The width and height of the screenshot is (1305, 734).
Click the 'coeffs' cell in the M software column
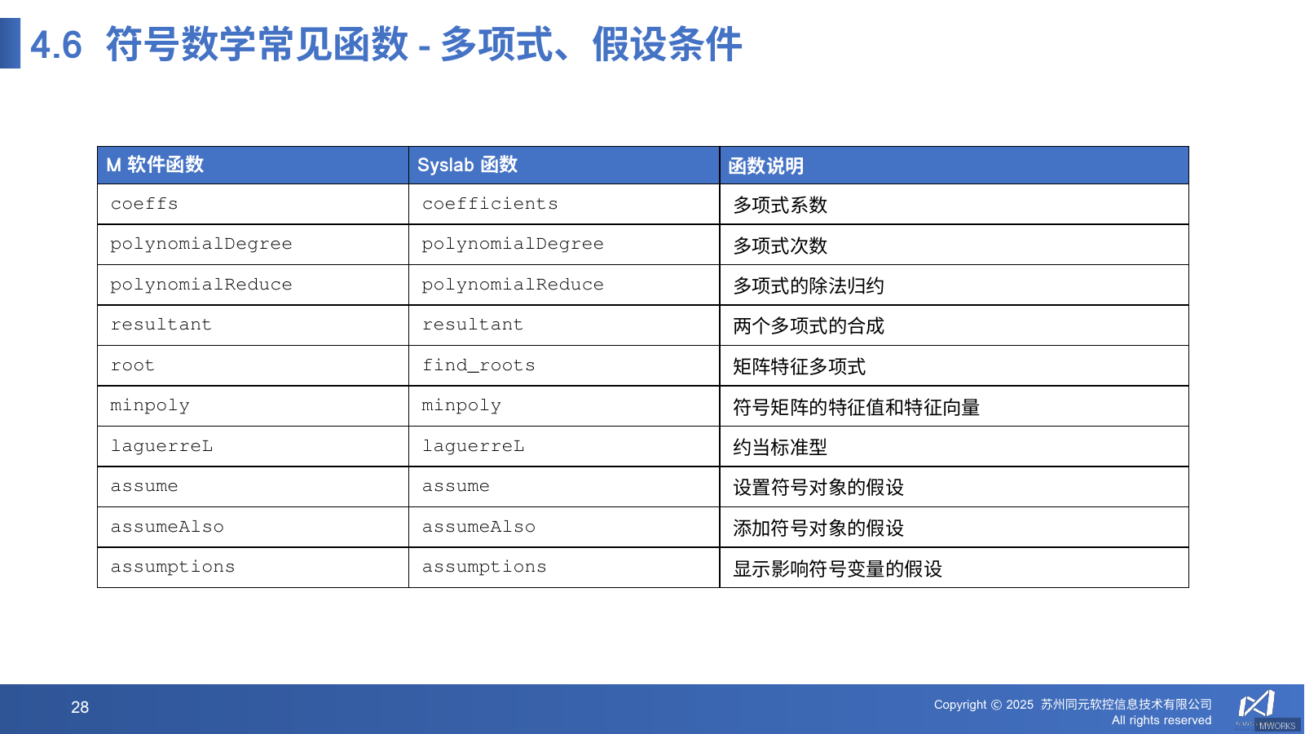coord(144,204)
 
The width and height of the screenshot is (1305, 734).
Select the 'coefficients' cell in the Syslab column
coord(490,204)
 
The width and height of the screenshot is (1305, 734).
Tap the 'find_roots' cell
coord(478,365)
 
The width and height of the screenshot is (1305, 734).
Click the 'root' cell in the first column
coord(132,365)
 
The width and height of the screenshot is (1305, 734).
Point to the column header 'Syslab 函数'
coord(467,165)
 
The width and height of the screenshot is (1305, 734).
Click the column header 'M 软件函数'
coord(155,165)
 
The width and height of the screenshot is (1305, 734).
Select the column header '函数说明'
coord(765,166)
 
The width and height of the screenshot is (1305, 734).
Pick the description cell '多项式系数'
coord(780,205)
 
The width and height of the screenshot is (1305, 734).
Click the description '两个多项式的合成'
coord(808,326)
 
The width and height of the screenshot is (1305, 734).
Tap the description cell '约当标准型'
coord(780,447)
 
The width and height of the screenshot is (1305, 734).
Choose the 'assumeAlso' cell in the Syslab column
coord(478,527)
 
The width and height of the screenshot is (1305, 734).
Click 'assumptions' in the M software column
coord(173,567)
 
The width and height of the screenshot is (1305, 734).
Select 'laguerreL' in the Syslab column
coord(473,446)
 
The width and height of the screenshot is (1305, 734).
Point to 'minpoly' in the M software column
coord(150,405)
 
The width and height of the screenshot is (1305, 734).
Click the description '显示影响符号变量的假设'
coord(837,568)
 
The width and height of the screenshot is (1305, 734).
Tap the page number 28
coord(80,707)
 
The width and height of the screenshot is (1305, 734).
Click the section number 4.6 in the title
coord(56,45)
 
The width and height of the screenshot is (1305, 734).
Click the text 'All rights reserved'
coord(1161,720)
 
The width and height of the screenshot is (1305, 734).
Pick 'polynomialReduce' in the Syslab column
coord(513,285)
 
